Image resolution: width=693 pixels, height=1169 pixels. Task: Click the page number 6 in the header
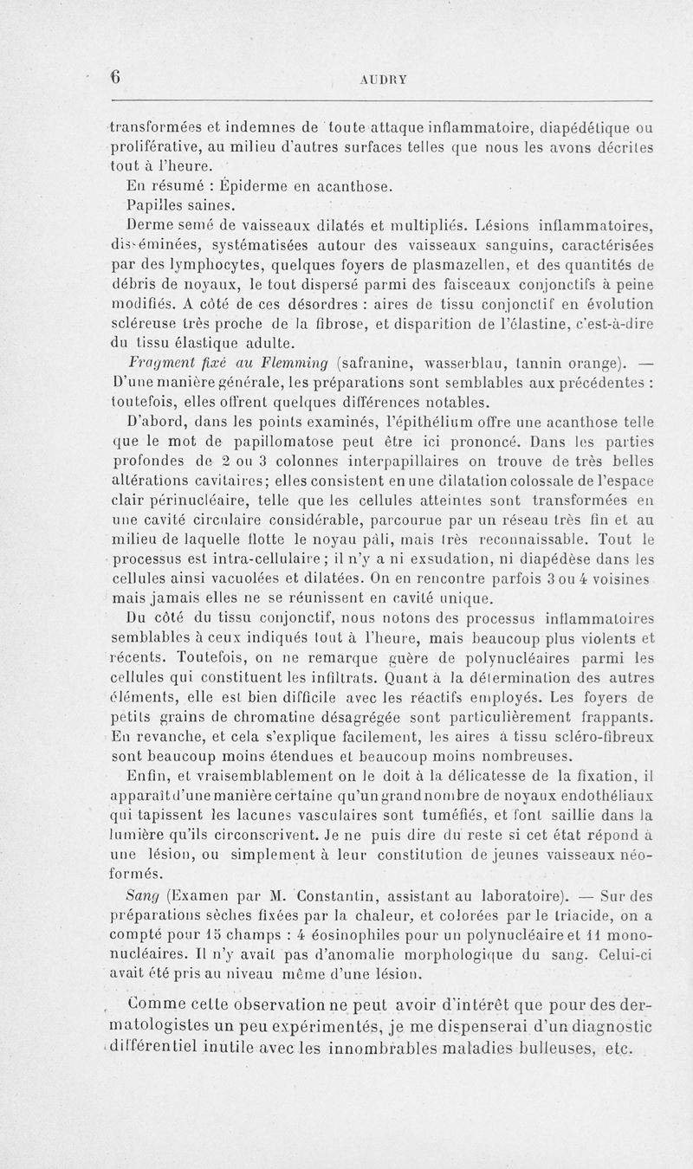[113, 76]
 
